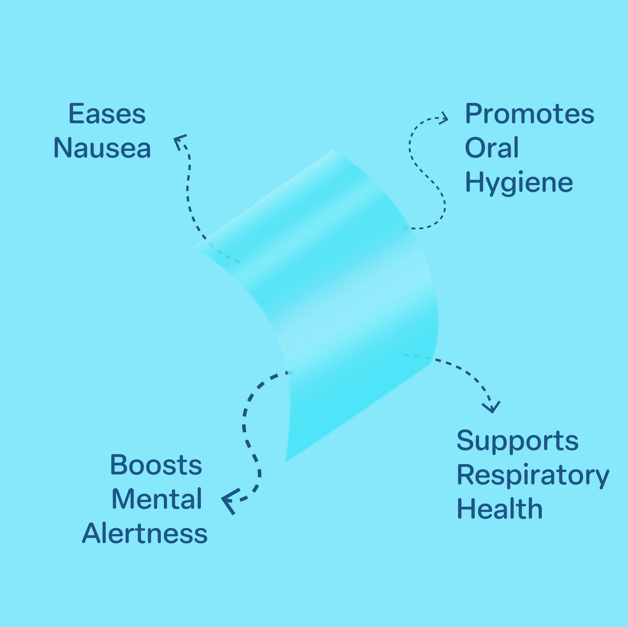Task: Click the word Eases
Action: [x=107, y=114]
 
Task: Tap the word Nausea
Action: [x=102, y=148]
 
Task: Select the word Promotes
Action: [x=529, y=114]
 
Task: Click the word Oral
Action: [x=492, y=148]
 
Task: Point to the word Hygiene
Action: [x=519, y=183]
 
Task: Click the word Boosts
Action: [x=156, y=465]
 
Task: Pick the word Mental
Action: [x=157, y=499]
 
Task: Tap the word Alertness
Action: [x=145, y=534]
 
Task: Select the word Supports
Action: [x=517, y=441]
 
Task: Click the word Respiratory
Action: [x=533, y=475]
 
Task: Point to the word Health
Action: [x=499, y=509]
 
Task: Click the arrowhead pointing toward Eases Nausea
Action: [x=179, y=140]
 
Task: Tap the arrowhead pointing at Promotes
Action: [x=444, y=118]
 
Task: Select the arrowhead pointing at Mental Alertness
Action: [x=229, y=501]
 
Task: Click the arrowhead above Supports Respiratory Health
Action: [x=492, y=407]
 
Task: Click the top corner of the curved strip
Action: [x=334, y=152]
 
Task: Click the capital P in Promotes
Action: [x=472, y=114]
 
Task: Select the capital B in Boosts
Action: [x=118, y=465]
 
